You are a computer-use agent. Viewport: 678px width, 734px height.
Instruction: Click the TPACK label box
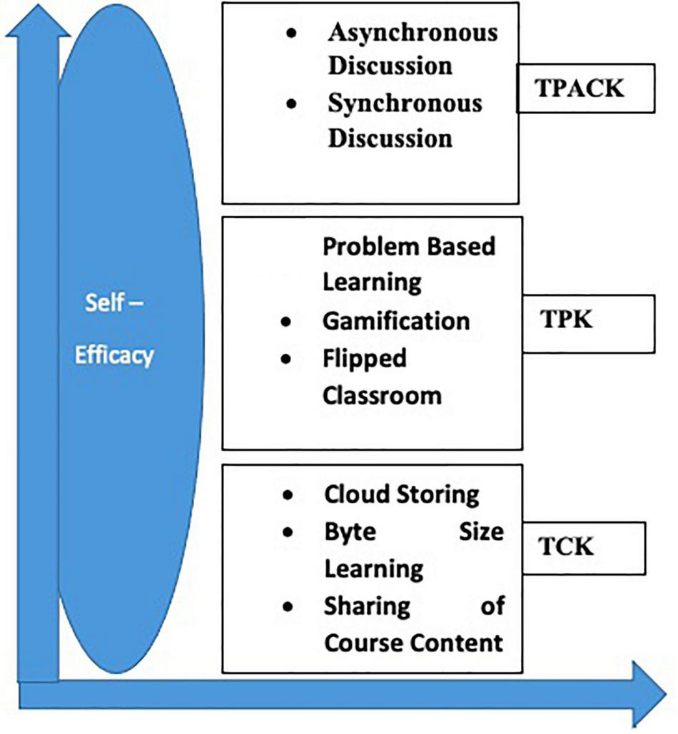(585, 88)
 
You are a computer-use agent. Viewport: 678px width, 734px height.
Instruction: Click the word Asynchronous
(413, 32)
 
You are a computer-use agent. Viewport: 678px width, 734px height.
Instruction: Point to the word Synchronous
(405, 103)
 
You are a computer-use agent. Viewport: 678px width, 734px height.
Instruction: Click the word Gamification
(396, 320)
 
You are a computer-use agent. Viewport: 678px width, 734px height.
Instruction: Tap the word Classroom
(382, 394)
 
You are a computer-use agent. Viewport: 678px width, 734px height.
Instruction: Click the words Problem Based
(409, 246)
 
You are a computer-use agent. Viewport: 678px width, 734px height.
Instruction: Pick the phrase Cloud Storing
(401, 494)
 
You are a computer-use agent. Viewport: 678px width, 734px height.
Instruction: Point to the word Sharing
(367, 606)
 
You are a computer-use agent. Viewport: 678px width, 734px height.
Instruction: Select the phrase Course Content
(413, 642)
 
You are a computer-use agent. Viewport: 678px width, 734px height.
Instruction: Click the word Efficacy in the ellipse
(114, 355)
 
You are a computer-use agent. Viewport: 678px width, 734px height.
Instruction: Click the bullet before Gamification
(286, 322)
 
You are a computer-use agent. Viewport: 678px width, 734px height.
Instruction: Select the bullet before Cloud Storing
(287, 495)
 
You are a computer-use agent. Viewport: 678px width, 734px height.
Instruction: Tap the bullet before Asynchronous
(290, 34)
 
